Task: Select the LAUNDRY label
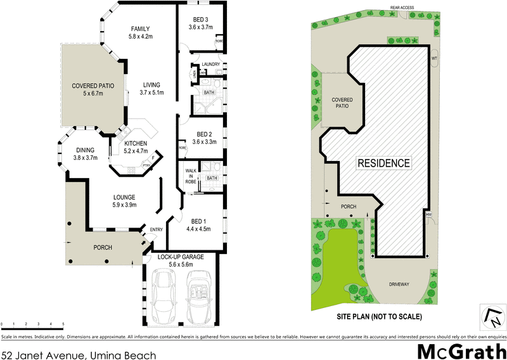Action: point(210,65)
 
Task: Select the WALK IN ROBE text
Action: point(191,176)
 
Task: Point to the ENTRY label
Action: point(156,229)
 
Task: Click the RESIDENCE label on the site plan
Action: point(384,163)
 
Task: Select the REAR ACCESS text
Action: point(402,8)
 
